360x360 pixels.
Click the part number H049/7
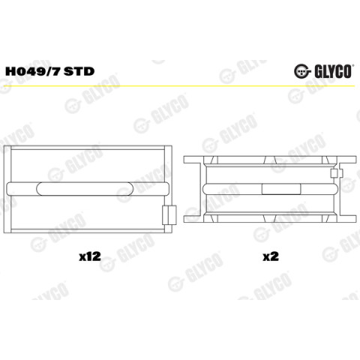[x=33, y=71]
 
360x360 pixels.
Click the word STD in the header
[x=79, y=71]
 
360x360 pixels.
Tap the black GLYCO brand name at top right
[x=333, y=72]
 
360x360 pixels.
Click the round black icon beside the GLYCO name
[x=302, y=72]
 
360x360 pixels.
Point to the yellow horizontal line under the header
[x=180, y=86]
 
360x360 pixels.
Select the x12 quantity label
[x=90, y=256]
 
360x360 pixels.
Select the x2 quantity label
[x=271, y=256]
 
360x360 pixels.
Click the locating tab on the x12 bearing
[x=169, y=215]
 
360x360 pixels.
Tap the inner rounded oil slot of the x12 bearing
[x=85, y=189]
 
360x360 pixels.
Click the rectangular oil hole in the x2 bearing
[x=281, y=189]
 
